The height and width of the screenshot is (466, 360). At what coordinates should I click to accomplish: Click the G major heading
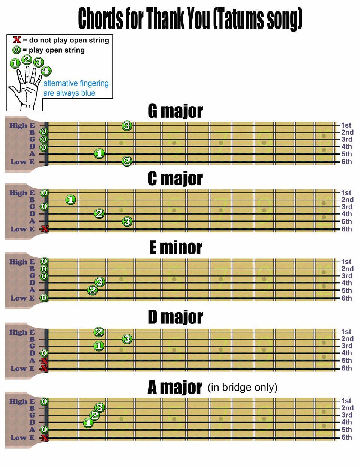tap(175, 111)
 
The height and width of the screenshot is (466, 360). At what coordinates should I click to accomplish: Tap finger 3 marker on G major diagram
tap(127, 126)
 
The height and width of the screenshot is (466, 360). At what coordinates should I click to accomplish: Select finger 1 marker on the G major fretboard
tap(99, 153)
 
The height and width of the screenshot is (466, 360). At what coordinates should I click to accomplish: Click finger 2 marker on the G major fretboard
tap(127, 162)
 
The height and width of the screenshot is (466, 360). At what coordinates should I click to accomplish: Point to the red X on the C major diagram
tap(45, 229)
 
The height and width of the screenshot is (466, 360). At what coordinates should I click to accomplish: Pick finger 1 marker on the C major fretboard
tap(71, 200)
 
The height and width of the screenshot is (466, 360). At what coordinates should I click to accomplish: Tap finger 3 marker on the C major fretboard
tap(127, 221)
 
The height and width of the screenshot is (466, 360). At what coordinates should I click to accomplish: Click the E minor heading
tap(175, 248)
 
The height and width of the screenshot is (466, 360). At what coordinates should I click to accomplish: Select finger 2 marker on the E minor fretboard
tap(92, 290)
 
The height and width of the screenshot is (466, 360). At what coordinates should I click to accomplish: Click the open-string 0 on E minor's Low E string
tap(44, 298)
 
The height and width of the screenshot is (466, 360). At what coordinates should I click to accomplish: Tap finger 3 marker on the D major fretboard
tap(127, 339)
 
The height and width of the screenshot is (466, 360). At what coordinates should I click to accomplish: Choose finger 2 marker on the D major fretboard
tap(99, 332)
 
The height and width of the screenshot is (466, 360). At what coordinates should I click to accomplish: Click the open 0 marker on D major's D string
tap(44, 353)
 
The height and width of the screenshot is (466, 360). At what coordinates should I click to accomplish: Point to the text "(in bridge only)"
tap(243, 387)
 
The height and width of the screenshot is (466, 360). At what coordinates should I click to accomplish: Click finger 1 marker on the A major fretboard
tap(88, 423)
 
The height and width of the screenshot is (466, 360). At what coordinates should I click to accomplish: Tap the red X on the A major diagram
tap(45, 437)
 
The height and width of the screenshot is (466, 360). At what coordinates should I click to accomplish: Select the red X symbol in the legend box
tap(17, 40)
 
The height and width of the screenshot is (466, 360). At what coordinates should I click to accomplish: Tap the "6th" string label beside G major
tap(346, 162)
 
